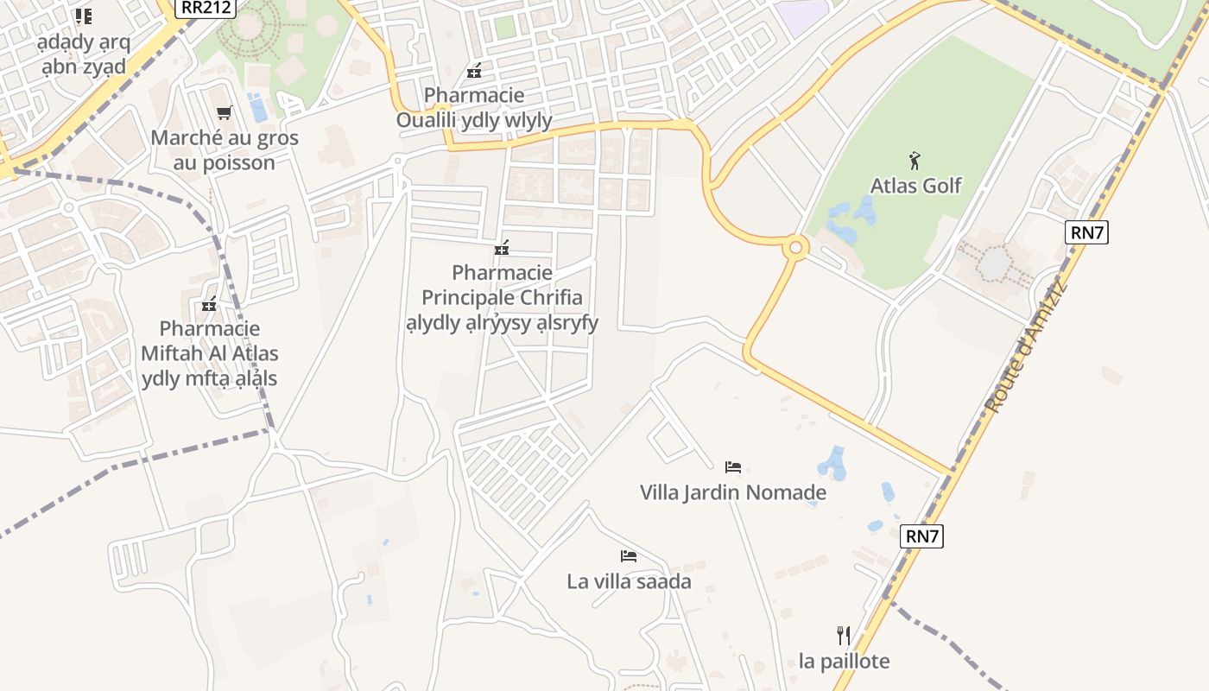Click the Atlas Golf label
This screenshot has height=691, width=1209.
click(915, 186)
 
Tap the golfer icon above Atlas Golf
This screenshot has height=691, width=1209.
click(915, 160)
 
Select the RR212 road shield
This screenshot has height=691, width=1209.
click(206, 8)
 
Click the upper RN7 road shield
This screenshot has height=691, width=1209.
click(1086, 232)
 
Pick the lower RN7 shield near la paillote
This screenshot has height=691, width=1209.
click(922, 536)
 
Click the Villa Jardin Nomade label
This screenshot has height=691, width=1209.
click(732, 493)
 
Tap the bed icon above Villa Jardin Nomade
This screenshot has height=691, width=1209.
click(732, 467)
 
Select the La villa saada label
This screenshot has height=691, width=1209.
click(629, 581)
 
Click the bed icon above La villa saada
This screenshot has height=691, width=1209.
click(629, 556)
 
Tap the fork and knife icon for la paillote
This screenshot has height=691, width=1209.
click(844, 637)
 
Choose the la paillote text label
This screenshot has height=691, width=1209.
click(844, 662)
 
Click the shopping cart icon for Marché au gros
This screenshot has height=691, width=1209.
click(225, 112)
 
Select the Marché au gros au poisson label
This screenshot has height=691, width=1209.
click(225, 150)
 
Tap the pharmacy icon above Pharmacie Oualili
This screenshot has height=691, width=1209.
click(473, 71)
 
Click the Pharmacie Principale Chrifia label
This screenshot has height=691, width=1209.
click(502, 298)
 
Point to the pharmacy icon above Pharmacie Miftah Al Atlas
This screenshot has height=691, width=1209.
click(209, 304)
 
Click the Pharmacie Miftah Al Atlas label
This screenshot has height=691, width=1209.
click(209, 353)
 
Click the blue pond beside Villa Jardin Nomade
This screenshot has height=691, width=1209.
click(833, 463)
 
